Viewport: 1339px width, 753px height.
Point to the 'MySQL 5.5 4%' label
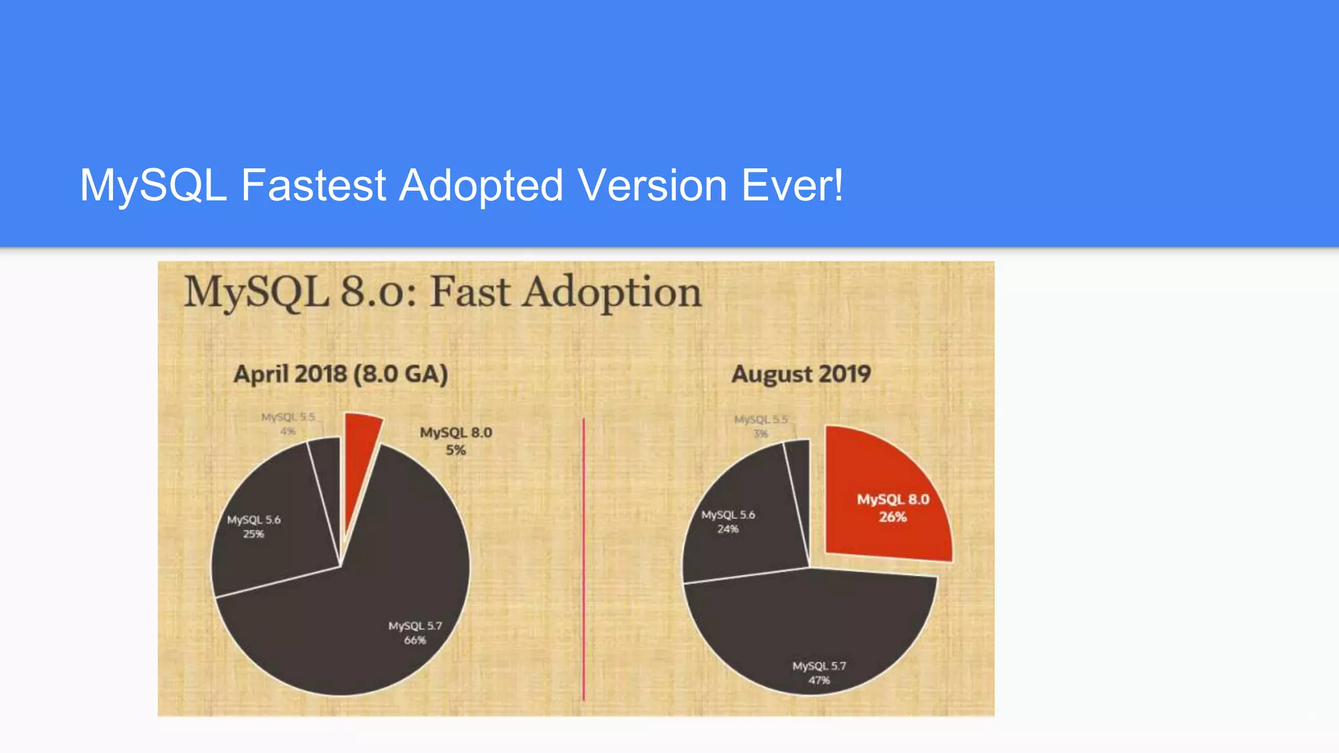point(288,424)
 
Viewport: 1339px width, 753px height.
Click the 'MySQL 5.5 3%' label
point(760,426)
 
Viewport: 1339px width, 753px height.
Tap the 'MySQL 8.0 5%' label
point(456,441)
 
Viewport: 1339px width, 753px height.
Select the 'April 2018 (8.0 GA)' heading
point(341,375)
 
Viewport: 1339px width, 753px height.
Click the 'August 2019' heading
point(801,375)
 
